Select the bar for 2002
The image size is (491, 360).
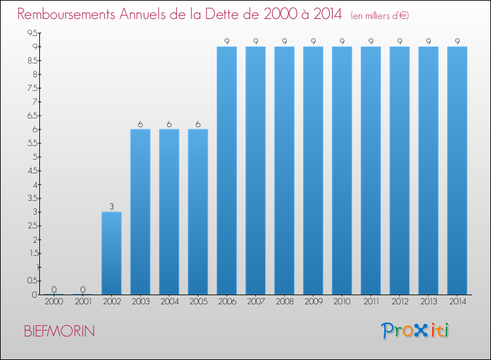coord(111,253)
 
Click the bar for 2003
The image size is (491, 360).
coord(140,211)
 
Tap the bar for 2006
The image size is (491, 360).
coord(227,170)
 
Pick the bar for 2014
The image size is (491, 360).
coord(457,170)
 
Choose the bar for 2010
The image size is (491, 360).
coord(342,170)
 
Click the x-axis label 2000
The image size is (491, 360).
coord(54,302)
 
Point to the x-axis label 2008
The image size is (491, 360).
coord(284,302)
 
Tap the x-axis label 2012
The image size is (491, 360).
coord(399,302)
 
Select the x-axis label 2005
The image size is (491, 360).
coord(198,302)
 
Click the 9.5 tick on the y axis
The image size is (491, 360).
coord(32,33)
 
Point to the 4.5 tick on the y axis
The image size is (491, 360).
coord(32,170)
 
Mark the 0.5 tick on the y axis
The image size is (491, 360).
coord(32,281)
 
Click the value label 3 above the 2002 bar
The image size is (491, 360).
coord(111,207)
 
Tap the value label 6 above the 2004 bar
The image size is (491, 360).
coord(169,124)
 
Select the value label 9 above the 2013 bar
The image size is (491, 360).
coord(428,42)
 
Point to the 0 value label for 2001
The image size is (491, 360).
coord(82,289)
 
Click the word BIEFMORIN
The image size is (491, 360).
coord(59,331)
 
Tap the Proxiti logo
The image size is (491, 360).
coord(416,331)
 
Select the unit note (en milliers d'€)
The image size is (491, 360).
coord(380,16)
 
